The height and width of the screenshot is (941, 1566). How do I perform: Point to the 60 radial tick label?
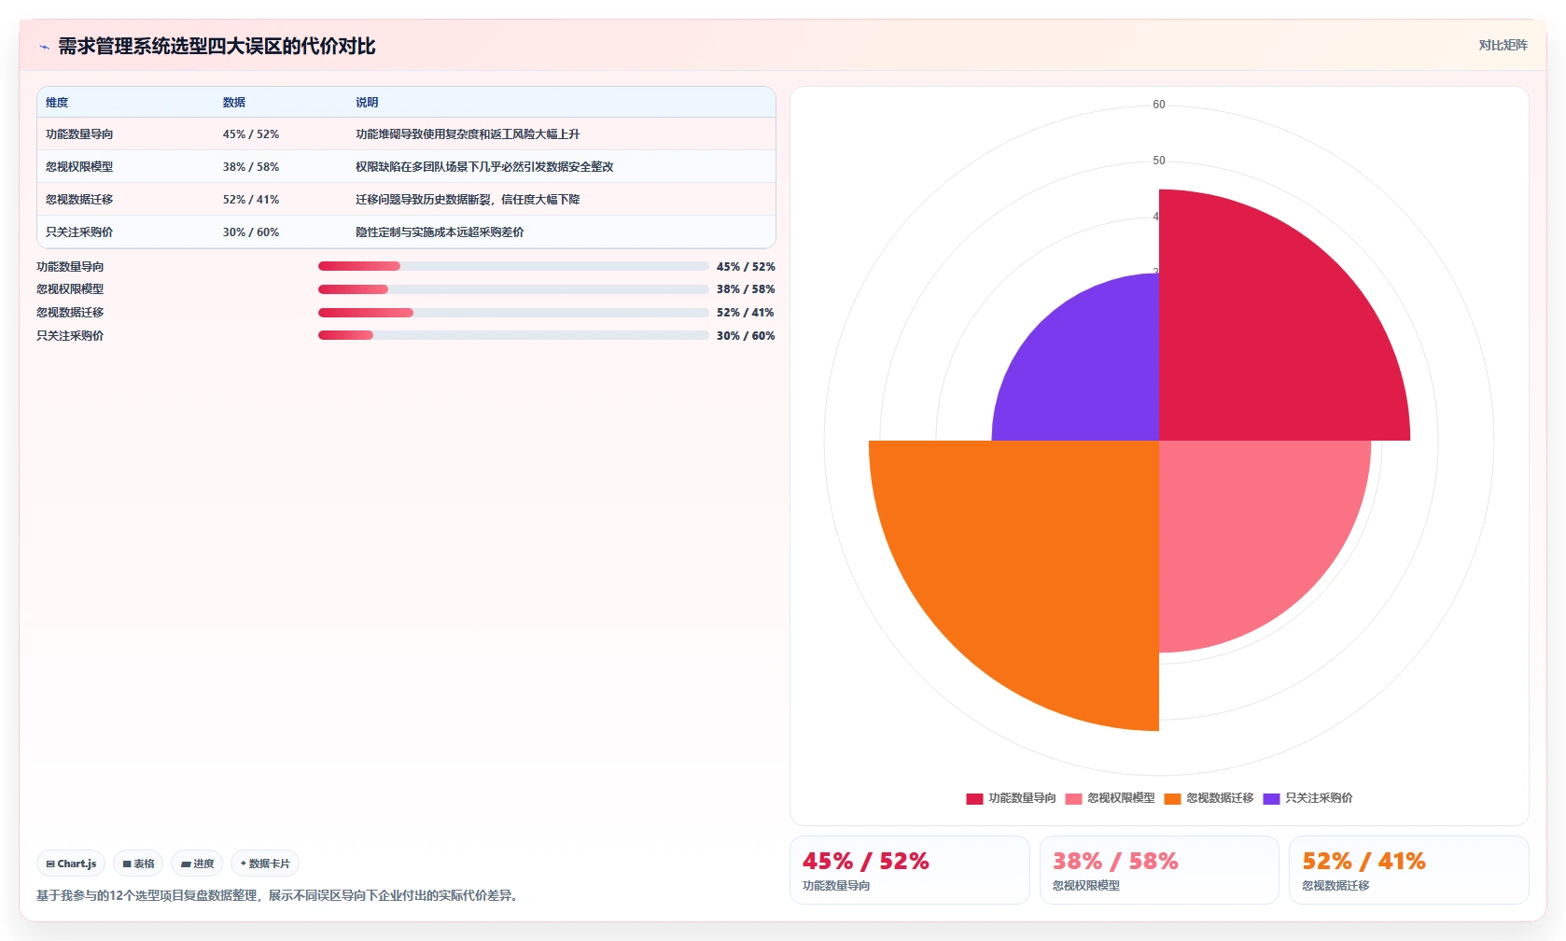1159,105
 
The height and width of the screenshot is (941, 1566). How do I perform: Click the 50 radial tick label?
1159,160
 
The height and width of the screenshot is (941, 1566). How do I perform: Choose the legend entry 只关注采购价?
1307,798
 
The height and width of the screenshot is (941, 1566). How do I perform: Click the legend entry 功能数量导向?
1011,798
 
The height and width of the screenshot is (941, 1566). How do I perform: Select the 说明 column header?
367,102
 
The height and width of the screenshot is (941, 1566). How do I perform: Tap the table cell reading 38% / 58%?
251,166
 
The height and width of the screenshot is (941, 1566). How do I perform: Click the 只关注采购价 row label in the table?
79,232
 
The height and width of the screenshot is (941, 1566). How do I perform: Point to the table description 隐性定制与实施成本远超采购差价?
440,232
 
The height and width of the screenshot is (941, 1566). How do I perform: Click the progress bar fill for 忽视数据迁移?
366,313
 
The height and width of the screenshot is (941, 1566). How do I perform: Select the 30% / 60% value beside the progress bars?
746,335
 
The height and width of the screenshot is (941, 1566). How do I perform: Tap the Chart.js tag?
71,864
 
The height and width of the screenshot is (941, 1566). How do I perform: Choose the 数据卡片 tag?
265,864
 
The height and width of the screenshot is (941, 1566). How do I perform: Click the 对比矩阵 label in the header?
1503,46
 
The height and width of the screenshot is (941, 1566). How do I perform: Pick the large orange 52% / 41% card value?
1364,862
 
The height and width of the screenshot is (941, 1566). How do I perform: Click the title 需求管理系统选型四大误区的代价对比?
217,46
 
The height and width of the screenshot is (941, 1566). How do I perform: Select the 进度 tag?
197,864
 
